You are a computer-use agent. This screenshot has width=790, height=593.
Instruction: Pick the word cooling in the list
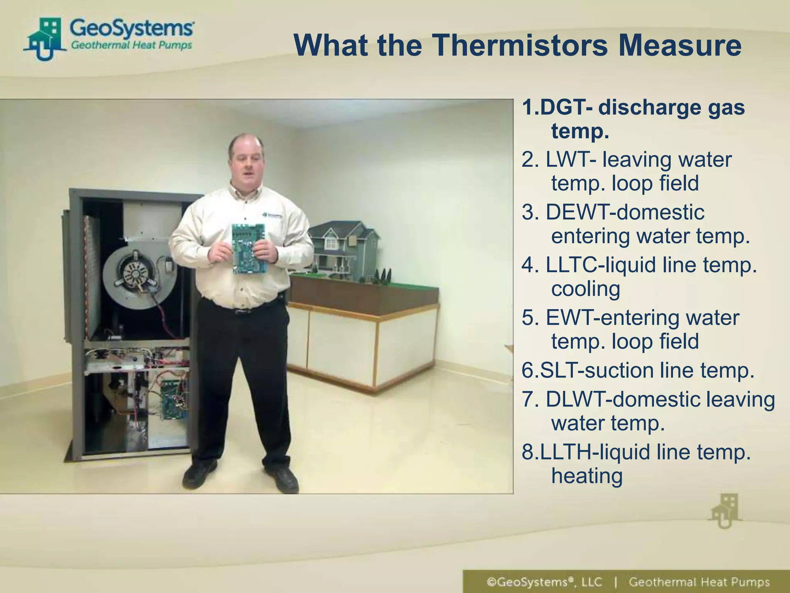[586, 289]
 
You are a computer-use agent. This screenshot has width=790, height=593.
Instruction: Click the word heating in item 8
[587, 476]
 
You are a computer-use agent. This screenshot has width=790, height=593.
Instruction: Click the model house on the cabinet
[343, 247]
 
